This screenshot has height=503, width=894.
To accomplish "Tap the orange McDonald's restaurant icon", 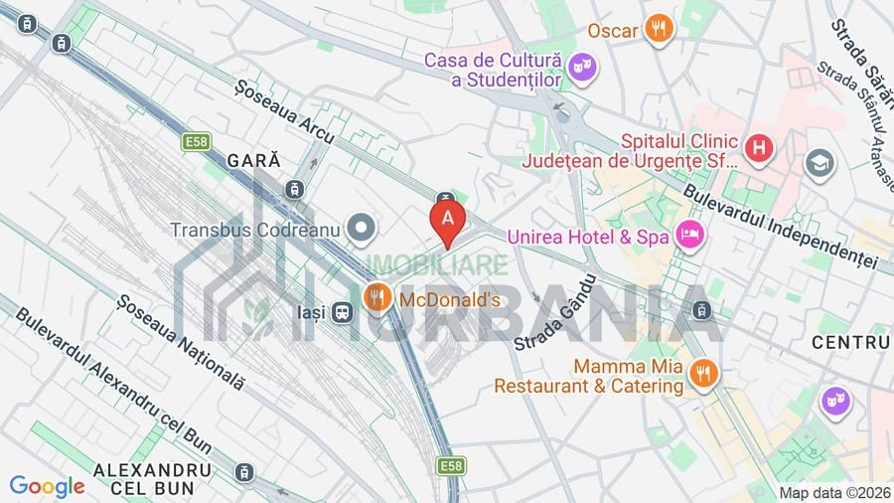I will (x=375, y=296).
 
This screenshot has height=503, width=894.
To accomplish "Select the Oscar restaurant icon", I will (x=658, y=29).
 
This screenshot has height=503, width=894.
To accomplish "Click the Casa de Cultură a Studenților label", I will (x=494, y=70).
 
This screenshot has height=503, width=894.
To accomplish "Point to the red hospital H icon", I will (x=760, y=150).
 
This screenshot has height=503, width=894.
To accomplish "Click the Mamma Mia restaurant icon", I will (x=703, y=373).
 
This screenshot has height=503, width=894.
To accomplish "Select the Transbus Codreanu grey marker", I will (x=362, y=229).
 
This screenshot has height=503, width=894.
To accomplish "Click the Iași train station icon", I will (x=343, y=312).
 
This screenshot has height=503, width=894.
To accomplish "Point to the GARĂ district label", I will (x=254, y=159).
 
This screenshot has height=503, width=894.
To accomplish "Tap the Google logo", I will (x=47, y=486).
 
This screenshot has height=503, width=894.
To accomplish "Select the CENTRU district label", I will (x=850, y=342).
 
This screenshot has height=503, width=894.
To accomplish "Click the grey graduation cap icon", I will (x=820, y=161).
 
